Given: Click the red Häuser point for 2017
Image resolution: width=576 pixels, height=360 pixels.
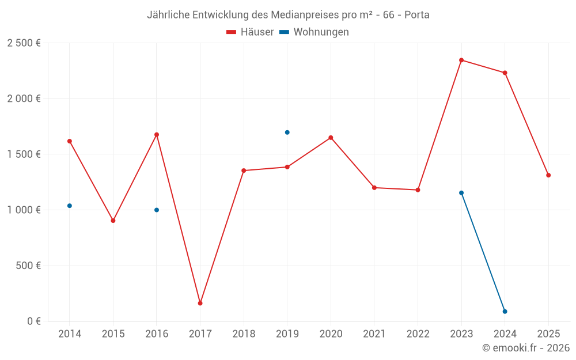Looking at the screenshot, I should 200,303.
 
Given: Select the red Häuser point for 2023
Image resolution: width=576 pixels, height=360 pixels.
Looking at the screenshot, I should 461,60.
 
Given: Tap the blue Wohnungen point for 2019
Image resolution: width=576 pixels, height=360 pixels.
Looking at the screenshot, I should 287,132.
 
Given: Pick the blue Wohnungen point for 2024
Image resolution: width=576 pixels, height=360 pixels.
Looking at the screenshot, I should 505,312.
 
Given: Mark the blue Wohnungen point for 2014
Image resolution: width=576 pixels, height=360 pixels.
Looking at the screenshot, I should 70,206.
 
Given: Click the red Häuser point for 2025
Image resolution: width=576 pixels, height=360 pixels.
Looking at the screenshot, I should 548,175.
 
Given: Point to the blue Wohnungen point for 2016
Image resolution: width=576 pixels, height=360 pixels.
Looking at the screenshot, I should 157,210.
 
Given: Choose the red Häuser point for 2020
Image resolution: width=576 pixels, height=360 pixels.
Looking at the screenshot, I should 331,138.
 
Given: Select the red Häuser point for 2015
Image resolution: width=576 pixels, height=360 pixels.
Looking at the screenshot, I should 113,221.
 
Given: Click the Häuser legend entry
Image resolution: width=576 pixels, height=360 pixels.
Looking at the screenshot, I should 250,32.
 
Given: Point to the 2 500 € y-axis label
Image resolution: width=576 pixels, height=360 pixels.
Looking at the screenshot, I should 24,43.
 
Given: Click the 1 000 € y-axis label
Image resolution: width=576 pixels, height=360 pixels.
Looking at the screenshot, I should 24,210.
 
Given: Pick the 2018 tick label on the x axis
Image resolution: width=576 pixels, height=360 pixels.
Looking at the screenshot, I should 244,334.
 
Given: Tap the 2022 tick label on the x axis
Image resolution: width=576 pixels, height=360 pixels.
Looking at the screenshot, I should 418,334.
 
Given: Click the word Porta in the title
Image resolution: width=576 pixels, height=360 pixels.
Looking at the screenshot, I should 417,15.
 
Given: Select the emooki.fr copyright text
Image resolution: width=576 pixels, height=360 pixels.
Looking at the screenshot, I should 526,348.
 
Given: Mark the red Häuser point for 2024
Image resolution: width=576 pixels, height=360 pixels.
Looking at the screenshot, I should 505,73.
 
